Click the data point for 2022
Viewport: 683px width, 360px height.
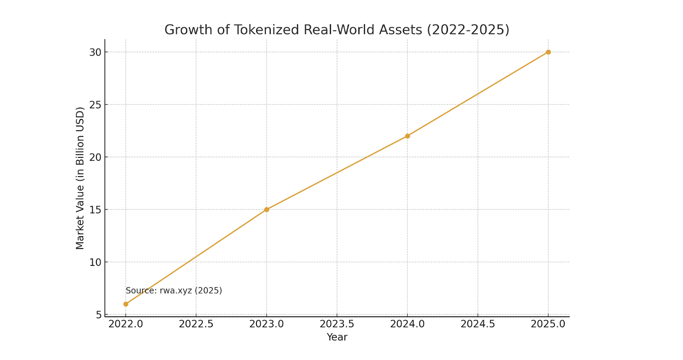click(126, 304)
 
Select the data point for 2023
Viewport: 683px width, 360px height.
click(267, 209)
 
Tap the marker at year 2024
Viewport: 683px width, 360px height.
click(407, 136)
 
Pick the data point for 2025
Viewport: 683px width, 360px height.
click(548, 52)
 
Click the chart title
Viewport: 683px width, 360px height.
click(337, 30)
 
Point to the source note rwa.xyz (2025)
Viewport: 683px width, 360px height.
click(174, 290)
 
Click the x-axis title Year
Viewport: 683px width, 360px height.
click(337, 337)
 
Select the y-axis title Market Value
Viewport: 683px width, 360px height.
click(80, 178)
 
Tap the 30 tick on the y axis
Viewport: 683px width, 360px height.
click(95, 52)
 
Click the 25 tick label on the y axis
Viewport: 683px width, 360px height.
click(95, 105)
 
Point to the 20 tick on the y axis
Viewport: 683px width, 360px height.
click(95, 157)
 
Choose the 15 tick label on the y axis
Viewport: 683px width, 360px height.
click(95, 210)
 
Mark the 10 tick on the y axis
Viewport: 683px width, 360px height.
click(95, 262)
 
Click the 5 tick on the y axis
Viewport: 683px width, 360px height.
click(98, 314)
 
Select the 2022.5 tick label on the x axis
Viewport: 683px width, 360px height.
click(196, 324)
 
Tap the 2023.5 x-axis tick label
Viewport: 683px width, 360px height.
click(337, 324)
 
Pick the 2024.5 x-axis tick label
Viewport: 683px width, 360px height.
click(477, 324)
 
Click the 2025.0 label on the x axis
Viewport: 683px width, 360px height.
click(548, 324)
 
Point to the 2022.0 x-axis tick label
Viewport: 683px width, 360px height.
click(126, 324)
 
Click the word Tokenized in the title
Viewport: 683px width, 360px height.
click(268, 30)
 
